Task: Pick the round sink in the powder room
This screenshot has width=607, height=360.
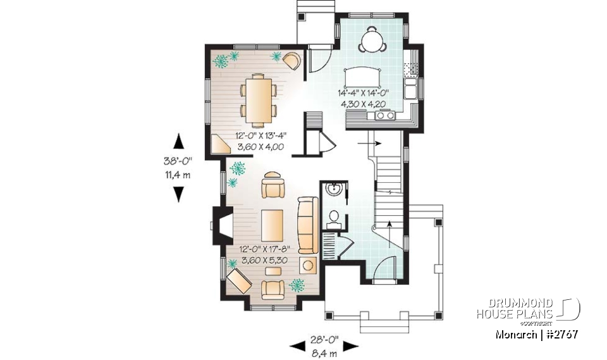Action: click(333, 190)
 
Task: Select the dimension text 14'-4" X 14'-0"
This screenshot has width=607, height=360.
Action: click(363, 92)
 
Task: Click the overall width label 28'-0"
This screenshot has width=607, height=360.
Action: click(324, 340)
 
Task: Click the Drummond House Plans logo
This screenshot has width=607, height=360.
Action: click(528, 309)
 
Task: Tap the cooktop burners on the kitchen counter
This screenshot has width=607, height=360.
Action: click(384, 115)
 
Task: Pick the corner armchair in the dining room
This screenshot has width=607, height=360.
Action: click(291, 60)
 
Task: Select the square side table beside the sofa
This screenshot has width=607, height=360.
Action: click(308, 264)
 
